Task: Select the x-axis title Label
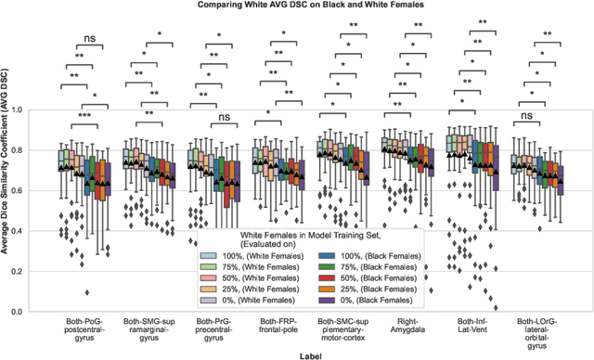point(315,354)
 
